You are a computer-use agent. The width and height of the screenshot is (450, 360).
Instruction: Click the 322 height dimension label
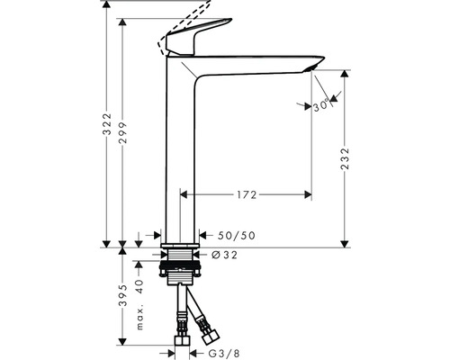[x=107, y=124]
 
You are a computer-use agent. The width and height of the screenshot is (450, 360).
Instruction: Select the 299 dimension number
[x=123, y=132]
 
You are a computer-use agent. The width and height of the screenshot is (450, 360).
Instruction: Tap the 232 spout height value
[x=346, y=158]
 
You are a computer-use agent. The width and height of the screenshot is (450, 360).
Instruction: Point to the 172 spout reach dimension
[x=247, y=195]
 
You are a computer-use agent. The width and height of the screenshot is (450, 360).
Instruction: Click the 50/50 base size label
[x=237, y=236]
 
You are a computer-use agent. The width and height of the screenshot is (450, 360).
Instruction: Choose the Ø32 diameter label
[x=224, y=255]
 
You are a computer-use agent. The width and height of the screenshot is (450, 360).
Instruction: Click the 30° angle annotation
[x=320, y=106]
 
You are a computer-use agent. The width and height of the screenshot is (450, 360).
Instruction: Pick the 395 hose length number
[x=123, y=295]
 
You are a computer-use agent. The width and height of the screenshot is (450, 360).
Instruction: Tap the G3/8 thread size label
[x=224, y=354]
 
